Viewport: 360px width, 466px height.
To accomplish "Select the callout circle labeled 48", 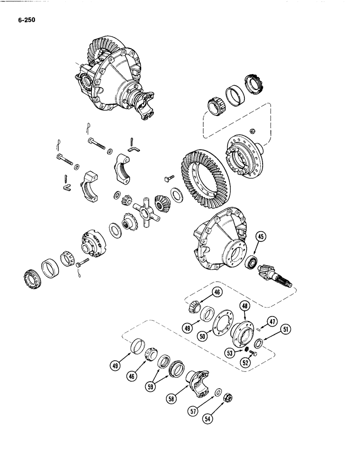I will coord(245,306).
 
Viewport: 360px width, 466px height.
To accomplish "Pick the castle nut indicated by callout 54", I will coord(229,398).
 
